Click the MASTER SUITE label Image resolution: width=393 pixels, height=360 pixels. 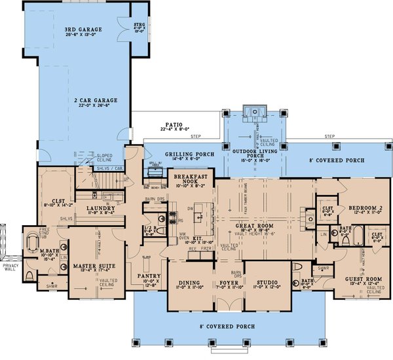pos(95,265)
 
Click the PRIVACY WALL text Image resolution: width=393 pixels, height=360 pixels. pos(9,266)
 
